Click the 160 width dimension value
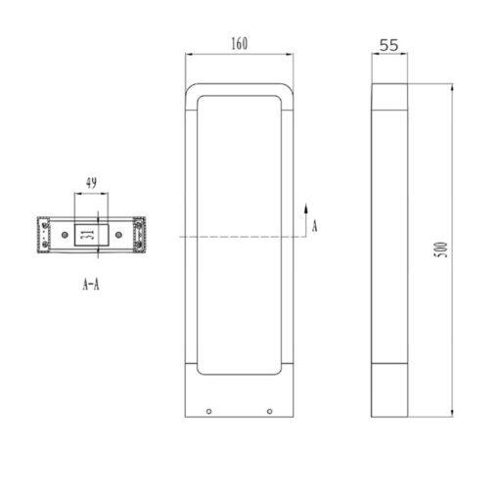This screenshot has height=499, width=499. (240, 44)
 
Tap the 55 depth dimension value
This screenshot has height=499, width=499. (388, 45)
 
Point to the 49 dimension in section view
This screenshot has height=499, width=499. (91, 183)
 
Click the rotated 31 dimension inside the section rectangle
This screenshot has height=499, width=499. (87, 235)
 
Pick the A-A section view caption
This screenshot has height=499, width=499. (91, 285)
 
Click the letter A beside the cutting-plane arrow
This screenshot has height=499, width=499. (314, 226)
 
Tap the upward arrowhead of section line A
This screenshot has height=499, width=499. (306, 208)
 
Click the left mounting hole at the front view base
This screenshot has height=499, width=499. (208, 412)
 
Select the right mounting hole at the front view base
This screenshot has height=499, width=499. (269, 412)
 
